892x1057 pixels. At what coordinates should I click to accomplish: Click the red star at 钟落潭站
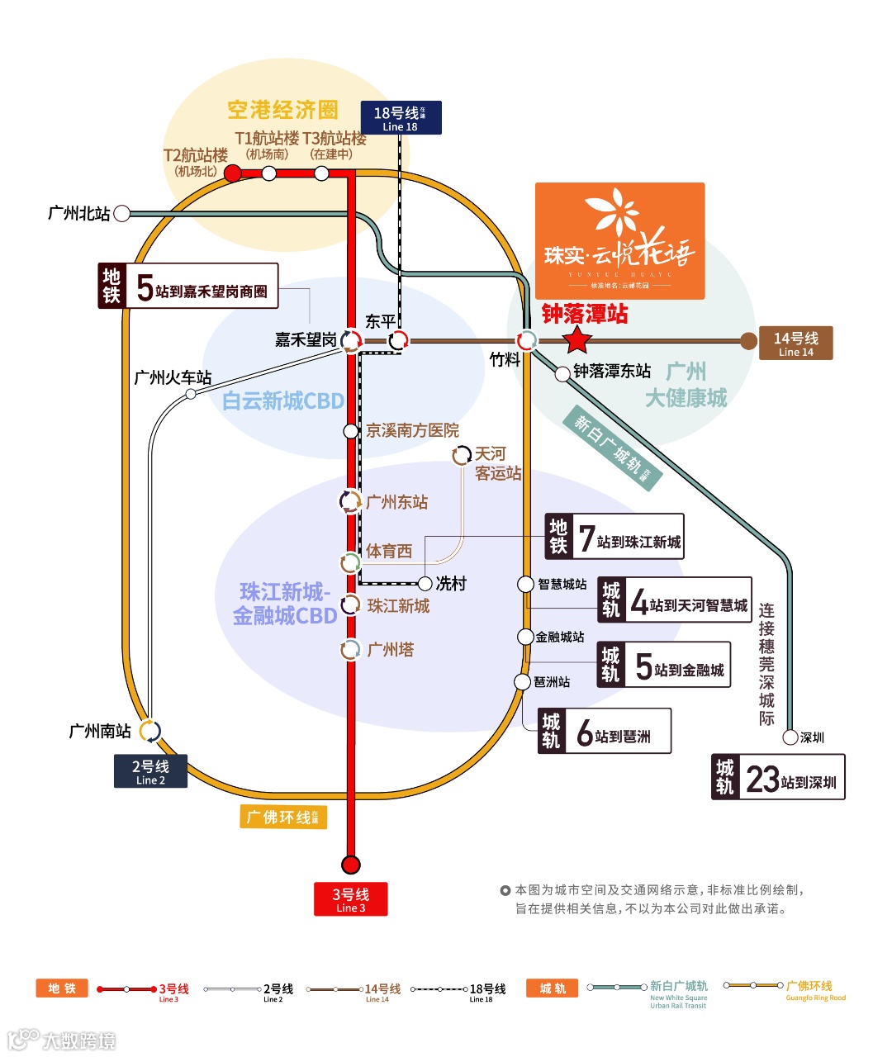pyautogui.click(x=576, y=339)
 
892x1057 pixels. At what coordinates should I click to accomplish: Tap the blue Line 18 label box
pyautogui.click(x=401, y=117)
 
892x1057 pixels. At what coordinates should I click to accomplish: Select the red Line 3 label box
pyautogui.click(x=350, y=899)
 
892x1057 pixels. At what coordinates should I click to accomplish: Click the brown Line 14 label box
pyautogui.click(x=795, y=343)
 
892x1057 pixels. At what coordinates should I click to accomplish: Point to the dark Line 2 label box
pyautogui.click(x=150, y=771)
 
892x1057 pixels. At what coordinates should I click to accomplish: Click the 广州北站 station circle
pyautogui.click(x=122, y=214)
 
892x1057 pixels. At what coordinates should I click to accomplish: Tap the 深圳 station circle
pyautogui.click(x=790, y=737)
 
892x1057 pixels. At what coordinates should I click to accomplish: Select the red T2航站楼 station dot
pyautogui.click(x=233, y=173)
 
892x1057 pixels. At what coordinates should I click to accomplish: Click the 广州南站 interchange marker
pyautogui.click(x=149, y=732)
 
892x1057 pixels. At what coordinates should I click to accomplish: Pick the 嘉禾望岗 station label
pyautogui.click(x=306, y=339)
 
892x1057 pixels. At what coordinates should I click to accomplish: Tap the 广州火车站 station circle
pyautogui.click(x=191, y=394)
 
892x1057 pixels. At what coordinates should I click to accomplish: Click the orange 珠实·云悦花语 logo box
pyautogui.click(x=619, y=240)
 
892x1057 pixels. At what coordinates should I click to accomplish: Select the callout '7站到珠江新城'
pyautogui.click(x=614, y=536)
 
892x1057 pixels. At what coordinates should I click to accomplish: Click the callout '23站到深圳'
pyautogui.click(x=778, y=777)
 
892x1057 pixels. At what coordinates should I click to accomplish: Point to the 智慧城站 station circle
pyautogui.click(x=525, y=585)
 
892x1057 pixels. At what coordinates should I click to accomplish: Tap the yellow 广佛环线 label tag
pyautogui.click(x=283, y=817)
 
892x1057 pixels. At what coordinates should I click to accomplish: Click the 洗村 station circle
pyautogui.click(x=425, y=584)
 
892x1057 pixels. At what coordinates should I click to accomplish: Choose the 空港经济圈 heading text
pyautogui.click(x=282, y=111)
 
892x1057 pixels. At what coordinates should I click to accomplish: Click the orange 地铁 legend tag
pyautogui.click(x=62, y=988)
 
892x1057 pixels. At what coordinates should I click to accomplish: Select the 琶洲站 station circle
pyautogui.click(x=522, y=682)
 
